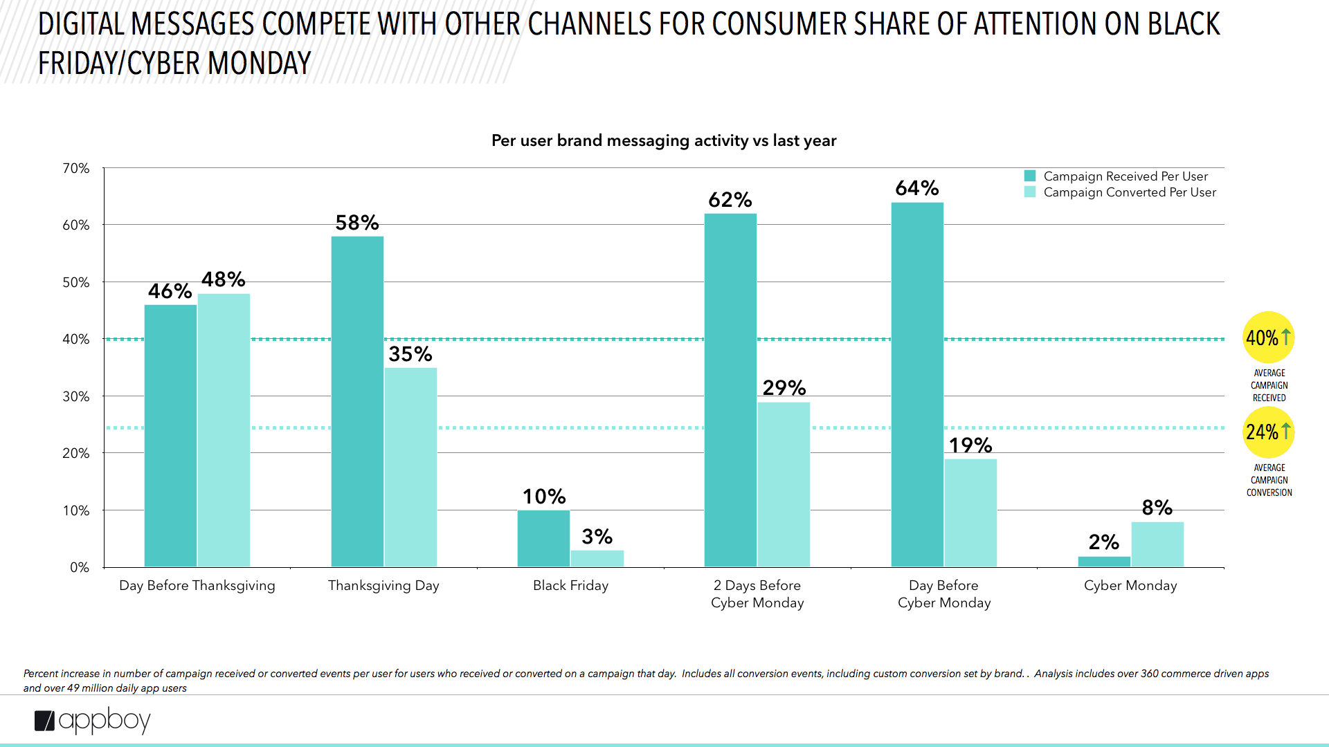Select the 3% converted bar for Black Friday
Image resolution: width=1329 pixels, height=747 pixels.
(x=597, y=559)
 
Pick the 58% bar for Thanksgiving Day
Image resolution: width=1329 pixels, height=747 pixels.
(x=357, y=401)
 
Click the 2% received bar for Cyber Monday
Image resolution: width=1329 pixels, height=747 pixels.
(x=1104, y=562)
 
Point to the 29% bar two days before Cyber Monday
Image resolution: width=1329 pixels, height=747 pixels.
(x=784, y=484)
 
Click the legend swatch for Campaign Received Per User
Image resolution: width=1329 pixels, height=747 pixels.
(x=1030, y=176)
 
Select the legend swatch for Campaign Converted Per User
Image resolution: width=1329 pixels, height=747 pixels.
(x=1030, y=192)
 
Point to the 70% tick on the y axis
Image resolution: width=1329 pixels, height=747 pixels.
(x=76, y=169)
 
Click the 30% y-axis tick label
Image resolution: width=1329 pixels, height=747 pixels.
(x=76, y=397)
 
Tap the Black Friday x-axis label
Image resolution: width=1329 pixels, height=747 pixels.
(x=570, y=586)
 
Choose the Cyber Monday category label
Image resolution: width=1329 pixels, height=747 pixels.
(x=1130, y=586)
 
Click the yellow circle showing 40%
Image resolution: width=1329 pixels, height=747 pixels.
(x=1268, y=338)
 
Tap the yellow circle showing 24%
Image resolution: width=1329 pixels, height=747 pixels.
(x=1268, y=432)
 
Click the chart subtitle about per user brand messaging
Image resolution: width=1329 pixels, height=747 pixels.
(x=664, y=140)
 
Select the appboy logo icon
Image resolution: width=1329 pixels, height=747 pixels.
(x=44, y=721)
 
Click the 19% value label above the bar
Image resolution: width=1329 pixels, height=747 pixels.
(x=970, y=445)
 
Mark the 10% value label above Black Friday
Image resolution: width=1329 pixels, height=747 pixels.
(x=544, y=497)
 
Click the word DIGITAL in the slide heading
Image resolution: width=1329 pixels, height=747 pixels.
(x=81, y=25)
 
